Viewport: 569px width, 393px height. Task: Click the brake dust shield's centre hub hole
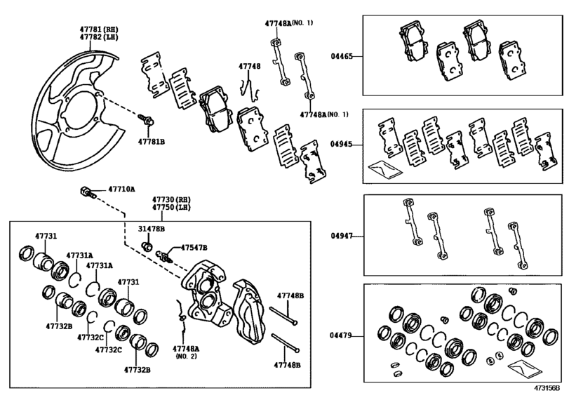77,112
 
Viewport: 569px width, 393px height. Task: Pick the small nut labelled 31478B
147,246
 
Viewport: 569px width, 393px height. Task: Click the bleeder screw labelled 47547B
166,255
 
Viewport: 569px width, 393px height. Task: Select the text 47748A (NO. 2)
186,352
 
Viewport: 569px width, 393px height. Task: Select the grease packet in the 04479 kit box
523,366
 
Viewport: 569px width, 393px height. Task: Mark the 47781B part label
150,141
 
